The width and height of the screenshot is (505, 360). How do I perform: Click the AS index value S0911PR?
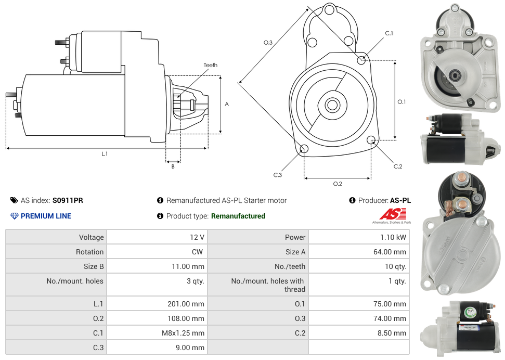pyautogui.click(x=68, y=200)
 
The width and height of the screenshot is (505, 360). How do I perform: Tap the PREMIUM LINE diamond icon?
pyautogui.click(x=14, y=216)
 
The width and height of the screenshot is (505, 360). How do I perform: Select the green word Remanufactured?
pyautogui.click(x=238, y=216)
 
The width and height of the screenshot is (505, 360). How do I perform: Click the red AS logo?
pyautogui.click(x=392, y=214)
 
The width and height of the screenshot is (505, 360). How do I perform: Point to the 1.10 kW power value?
pyautogui.click(x=393, y=237)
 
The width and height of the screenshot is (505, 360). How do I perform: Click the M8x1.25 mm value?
pyautogui.click(x=183, y=333)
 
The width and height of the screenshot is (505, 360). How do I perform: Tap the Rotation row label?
pyautogui.click(x=89, y=252)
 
